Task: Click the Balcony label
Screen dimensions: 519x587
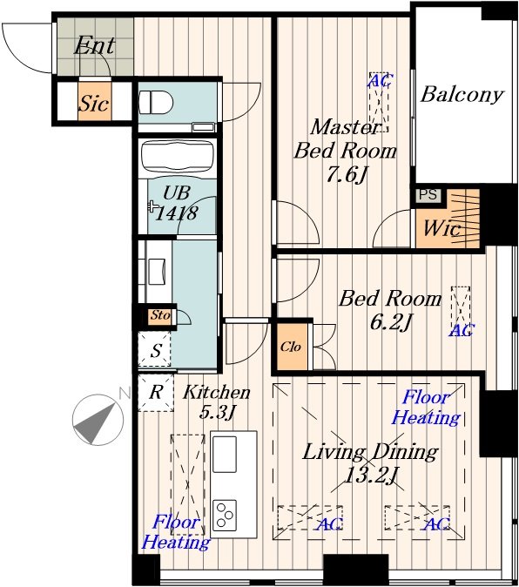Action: pyautogui.click(x=462, y=94)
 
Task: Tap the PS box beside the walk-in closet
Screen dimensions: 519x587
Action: pyautogui.click(x=428, y=195)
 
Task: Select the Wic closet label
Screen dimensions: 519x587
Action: pyautogui.click(x=441, y=228)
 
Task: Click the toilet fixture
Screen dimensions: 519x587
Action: pyautogui.click(x=156, y=102)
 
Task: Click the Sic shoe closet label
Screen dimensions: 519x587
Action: pyautogui.click(x=94, y=103)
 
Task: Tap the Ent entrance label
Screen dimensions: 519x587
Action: pyautogui.click(x=94, y=46)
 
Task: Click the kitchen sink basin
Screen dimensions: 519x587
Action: pyautogui.click(x=225, y=454)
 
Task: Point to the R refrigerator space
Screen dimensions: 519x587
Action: pyautogui.click(x=156, y=393)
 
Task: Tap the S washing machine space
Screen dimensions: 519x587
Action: pyautogui.click(x=155, y=350)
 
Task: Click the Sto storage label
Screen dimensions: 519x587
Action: pyautogui.click(x=160, y=315)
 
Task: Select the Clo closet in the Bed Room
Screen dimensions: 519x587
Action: pyautogui.click(x=292, y=347)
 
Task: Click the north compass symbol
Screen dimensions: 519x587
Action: pyautogui.click(x=98, y=420)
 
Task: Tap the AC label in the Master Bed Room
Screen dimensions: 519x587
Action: pyautogui.click(x=381, y=80)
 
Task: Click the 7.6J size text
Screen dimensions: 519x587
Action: pyautogui.click(x=346, y=174)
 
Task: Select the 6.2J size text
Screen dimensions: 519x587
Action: pyautogui.click(x=391, y=322)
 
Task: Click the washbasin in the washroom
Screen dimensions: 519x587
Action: pyautogui.click(x=157, y=272)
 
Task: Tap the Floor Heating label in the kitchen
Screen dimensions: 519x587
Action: pyautogui.click(x=176, y=532)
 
